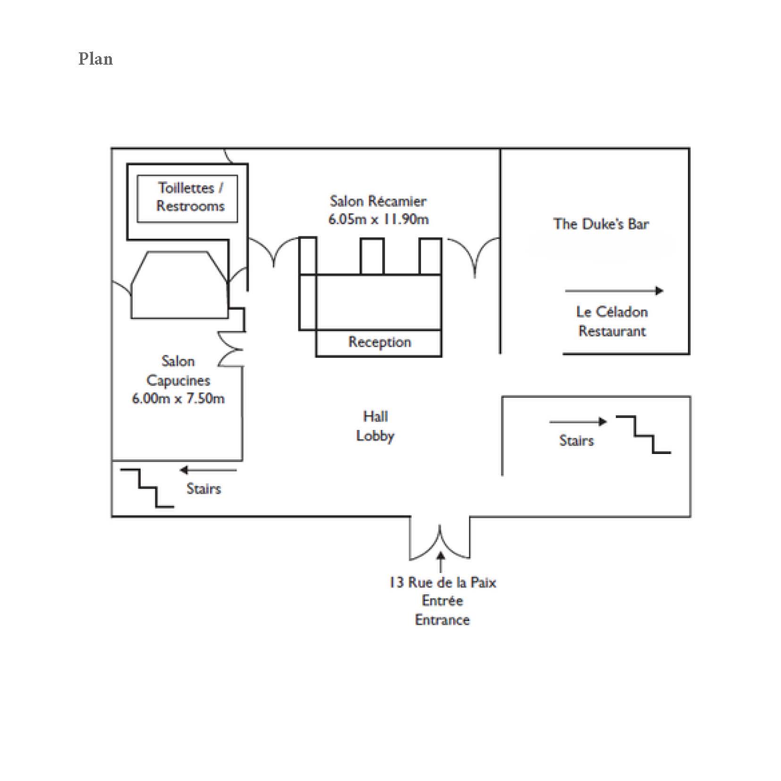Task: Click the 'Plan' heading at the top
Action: click(95, 59)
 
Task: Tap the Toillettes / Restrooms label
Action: click(190, 197)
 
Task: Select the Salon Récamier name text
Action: click(378, 201)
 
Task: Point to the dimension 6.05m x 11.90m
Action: click(378, 219)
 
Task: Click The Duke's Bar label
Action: click(601, 224)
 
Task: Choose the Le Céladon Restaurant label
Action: click(612, 321)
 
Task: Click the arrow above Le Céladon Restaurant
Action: click(614, 291)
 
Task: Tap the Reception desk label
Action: click(379, 342)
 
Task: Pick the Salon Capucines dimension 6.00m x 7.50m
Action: click(178, 399)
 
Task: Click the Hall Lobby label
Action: click(375, 426)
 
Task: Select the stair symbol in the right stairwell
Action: click(643, 435)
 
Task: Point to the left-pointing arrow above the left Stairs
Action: click(208, 470)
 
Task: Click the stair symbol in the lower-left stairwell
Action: click(147, 488)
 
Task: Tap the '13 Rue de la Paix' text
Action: click(443, 583)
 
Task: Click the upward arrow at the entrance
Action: click(441, 563)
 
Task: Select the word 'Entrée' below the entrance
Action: click(443, 601)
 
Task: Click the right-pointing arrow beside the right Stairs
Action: click(578, 421)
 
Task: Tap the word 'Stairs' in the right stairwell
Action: click(576, 441)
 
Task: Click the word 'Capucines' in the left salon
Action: click(178, 380)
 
